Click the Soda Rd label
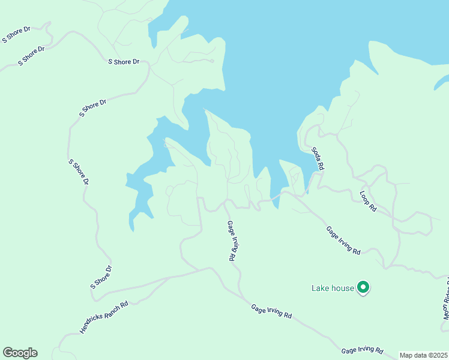tap(318, 158)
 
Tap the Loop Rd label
tap(368, 201)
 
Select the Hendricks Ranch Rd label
tap(104, 317)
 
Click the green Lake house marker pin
tap(363, 288)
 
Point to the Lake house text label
tap(333, 288)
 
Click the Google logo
tap(20, 353)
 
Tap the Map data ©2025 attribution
tap(423, 355)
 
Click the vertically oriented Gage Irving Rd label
tap(231, 241)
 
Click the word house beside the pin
tap(343, 288)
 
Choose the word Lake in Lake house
tap(321, 288)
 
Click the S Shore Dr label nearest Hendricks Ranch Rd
tap(101, 277)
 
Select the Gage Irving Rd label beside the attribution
tap(362, 350)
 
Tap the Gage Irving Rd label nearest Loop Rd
tap(343, 240)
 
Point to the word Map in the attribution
tap(406, 355)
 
